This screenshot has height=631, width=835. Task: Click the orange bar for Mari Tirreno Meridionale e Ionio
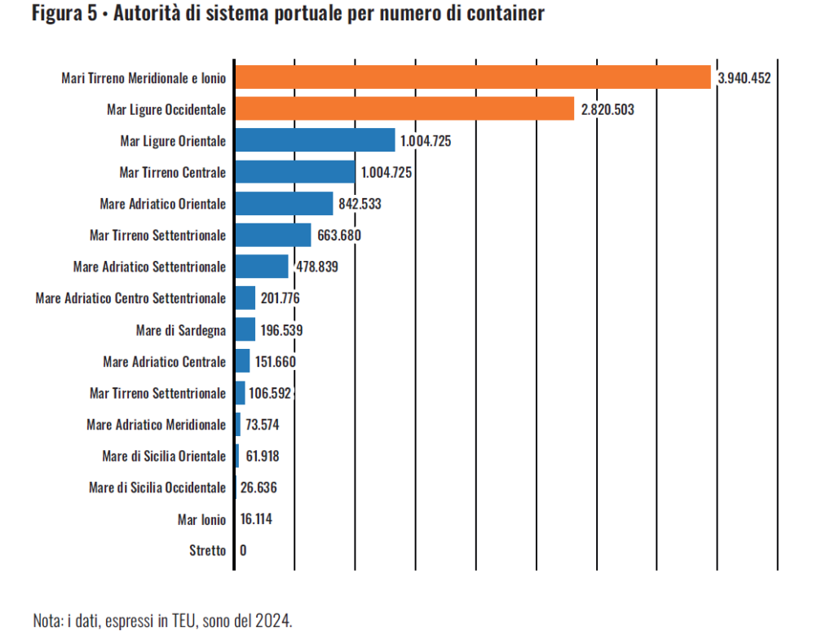(x=472, y=77)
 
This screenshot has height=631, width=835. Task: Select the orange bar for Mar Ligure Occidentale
(x=404, y=108)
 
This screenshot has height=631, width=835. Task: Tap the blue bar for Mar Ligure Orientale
(x=314, y=140)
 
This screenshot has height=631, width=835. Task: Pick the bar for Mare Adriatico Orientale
(x=283, y=203)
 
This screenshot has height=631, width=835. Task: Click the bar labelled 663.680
(x=272, y=235)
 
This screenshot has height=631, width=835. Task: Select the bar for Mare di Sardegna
(x=245, y=329)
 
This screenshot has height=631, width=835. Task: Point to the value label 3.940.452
(x=744, y=78)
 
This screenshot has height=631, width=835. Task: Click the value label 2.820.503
(x=607, y=109)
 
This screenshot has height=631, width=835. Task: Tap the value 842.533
(x=360, y=204)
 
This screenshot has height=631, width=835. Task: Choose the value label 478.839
(x=316, y=267)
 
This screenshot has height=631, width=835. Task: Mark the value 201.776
(x=281, y=298)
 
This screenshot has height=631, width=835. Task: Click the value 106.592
(x=270, y=393)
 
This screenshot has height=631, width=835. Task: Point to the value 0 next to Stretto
(x=243, y=550)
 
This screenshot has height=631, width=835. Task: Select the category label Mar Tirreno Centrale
(x=172, y=172)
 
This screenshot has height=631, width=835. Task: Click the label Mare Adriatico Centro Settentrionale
(x=130, y=298)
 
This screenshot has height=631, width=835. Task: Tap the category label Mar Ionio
(x=201, y=519)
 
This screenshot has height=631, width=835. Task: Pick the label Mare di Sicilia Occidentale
(x=157, y=488)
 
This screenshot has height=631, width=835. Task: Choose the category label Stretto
(x=207, y=550)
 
